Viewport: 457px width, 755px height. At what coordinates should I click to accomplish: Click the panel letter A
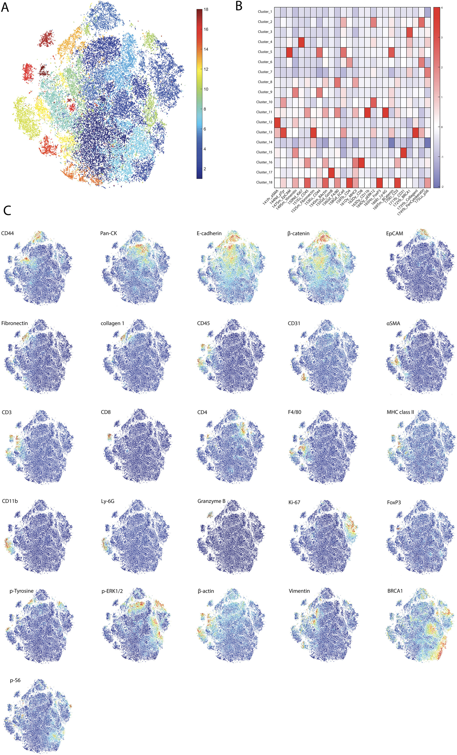[5, 7]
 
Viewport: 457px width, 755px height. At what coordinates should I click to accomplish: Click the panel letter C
[7, 211]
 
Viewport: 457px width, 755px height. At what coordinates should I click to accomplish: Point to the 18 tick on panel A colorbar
[206, 10]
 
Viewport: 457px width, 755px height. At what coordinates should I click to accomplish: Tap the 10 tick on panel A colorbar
[206, 89]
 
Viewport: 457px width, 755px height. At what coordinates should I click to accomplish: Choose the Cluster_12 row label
[264, 122]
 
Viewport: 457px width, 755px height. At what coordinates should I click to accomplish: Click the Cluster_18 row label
[264, 182]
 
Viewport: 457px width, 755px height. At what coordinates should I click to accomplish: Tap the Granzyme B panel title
[211, 501]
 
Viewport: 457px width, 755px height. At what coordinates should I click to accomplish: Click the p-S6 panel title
[15, 681]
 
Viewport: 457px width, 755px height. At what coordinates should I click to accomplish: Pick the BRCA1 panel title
[395, 591]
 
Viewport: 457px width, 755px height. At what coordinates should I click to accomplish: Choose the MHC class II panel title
[400, 412]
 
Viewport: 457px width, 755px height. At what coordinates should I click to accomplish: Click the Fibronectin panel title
[14, 323]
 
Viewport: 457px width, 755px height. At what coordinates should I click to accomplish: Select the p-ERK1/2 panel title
[112, 591]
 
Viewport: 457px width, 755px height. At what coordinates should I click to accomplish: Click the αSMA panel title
[393, 323]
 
